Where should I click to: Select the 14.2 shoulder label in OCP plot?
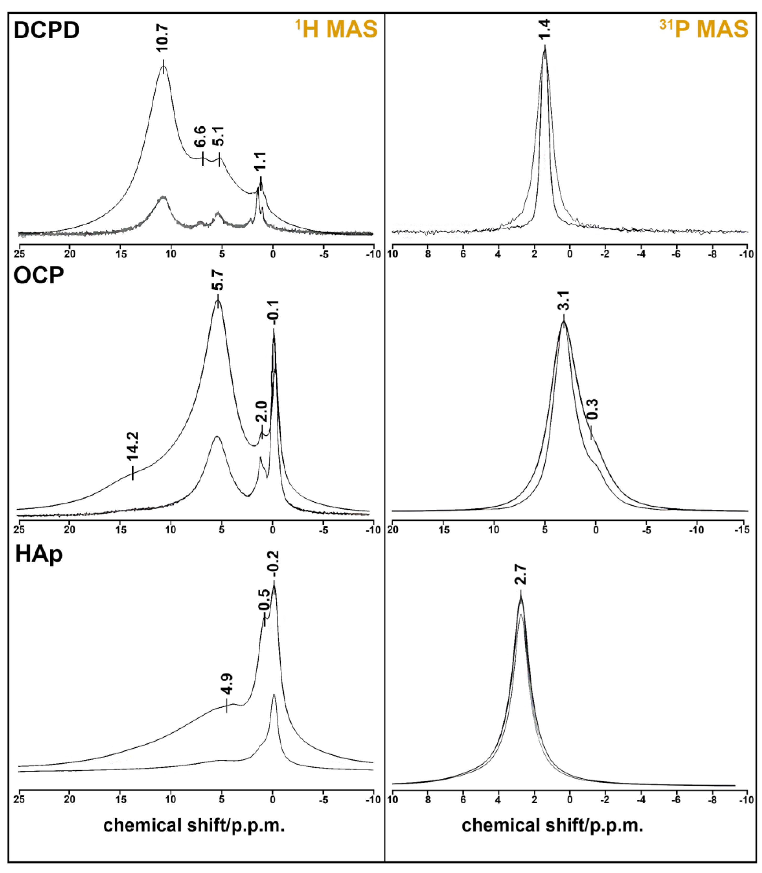coord(132,447)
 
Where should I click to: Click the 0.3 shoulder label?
coord(593,409)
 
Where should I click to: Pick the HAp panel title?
coord(39,555)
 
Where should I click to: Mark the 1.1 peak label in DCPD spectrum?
coord(260,162)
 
